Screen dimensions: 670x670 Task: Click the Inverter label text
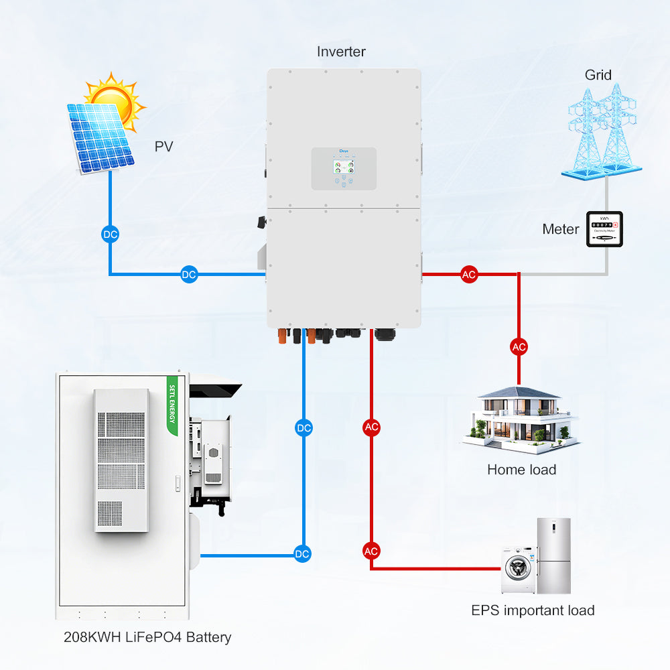[341, 52]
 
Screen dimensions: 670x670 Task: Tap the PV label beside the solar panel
[164, 146]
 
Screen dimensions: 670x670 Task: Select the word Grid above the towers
[598, 74]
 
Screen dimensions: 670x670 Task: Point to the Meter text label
[560, 229]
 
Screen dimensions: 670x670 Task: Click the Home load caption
[521, 470]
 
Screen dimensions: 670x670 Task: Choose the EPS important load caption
[533, 610]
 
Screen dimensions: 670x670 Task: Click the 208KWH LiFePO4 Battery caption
[147, 637]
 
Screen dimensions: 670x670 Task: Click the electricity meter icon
[604, 229]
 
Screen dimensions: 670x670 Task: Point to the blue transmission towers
[600, 131]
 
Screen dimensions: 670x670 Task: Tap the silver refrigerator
[553, 555]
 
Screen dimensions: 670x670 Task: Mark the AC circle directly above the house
[519, 346]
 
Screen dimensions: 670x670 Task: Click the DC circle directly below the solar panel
[110, 234]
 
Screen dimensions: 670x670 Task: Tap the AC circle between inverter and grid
[469, 274]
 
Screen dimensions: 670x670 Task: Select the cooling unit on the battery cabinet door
[121, 460]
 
